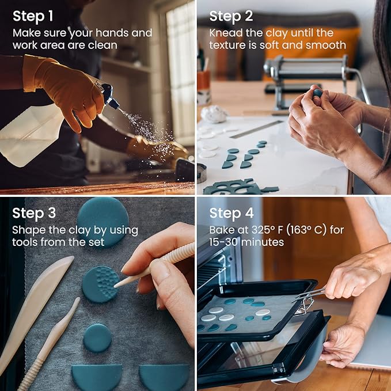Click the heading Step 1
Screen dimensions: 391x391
(33, 16)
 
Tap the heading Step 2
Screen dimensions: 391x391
(231, 16)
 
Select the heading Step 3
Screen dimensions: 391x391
(34, 213)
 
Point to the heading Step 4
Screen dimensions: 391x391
(231, 213)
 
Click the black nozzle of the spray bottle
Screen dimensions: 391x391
(110, 97)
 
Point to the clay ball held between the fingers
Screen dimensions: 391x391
(318, 93)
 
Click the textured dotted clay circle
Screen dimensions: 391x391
(101, 284)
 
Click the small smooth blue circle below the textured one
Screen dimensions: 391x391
(97, 338)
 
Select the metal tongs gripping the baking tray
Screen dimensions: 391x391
(309, 299)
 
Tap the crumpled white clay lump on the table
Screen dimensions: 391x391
(214, 113)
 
